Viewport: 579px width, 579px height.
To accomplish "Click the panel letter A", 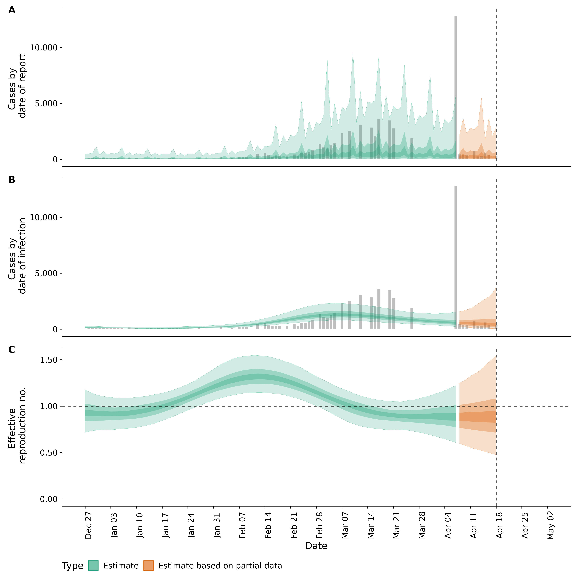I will click(x=12, y=10).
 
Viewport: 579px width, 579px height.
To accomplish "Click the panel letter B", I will click(x=12, y=180).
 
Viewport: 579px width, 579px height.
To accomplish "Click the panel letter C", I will click(x=12, y=350).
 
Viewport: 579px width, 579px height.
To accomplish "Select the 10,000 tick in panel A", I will click(x=43, y=47).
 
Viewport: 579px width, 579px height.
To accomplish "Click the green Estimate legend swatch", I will click(x=93, y=566).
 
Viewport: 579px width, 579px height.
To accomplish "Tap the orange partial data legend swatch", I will click(x=148, y=566).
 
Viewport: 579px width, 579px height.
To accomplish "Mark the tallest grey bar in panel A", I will click(x=456, y=87).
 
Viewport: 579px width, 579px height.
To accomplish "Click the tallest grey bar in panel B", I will click(x=456, y=257).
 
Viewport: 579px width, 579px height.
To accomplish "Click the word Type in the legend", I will click(x=73, y=566).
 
